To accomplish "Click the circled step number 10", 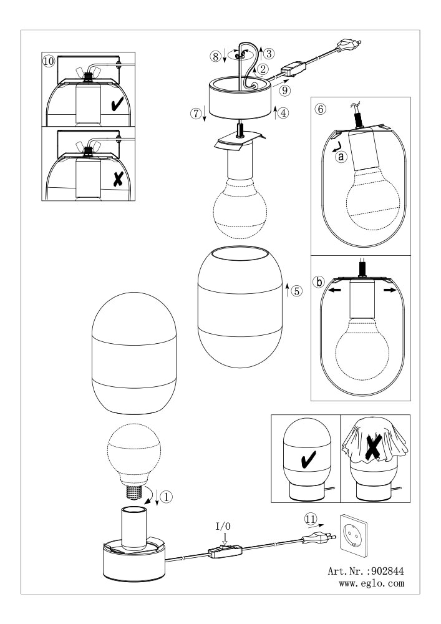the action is (49, 62).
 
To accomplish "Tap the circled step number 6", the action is (320, 109).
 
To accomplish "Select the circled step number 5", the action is (296, 291).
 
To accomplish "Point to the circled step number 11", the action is (311, 519).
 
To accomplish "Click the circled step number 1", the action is (167, 496).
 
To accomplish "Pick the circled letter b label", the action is (319, 282).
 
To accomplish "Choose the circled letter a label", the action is (341, 157).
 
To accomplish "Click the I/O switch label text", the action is (223, 527).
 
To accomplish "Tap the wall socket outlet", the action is (353, 535).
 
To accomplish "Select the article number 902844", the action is (386, 572).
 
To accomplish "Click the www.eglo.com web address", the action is (371, 583).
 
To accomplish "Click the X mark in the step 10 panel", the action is (118, 180).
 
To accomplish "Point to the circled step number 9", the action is (284, 90).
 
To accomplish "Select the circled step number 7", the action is (196, 114).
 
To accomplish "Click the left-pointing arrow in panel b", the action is (334, 290).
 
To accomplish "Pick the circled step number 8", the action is (216, 57).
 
